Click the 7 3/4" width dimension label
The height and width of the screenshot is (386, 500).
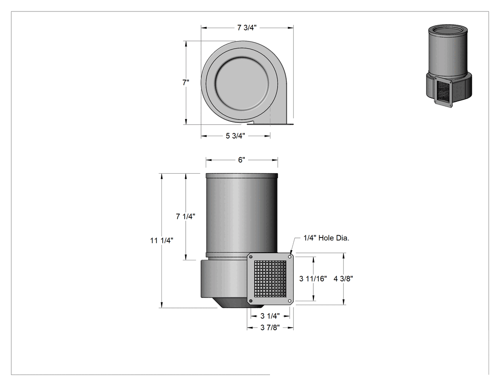point(247,28)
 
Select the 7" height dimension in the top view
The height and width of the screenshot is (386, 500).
point(186,82)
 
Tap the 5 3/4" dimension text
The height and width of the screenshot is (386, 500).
point(235,136)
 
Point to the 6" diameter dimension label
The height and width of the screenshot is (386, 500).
point(241,160)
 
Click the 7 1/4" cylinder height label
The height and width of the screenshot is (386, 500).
point(186,217)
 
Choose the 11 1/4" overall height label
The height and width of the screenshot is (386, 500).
point(162,240)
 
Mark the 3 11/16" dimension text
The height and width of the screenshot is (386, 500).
point(313,278)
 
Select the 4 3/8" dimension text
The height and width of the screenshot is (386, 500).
point(343,278)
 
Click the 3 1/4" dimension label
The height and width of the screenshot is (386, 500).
point(270,316)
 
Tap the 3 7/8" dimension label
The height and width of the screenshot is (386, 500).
point(270,327)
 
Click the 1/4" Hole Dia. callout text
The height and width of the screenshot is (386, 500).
point(326,238)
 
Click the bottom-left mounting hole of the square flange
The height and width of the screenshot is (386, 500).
point(251,301)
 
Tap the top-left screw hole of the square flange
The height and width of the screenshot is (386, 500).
point(251,257)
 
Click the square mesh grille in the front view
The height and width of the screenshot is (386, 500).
point(270,278)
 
